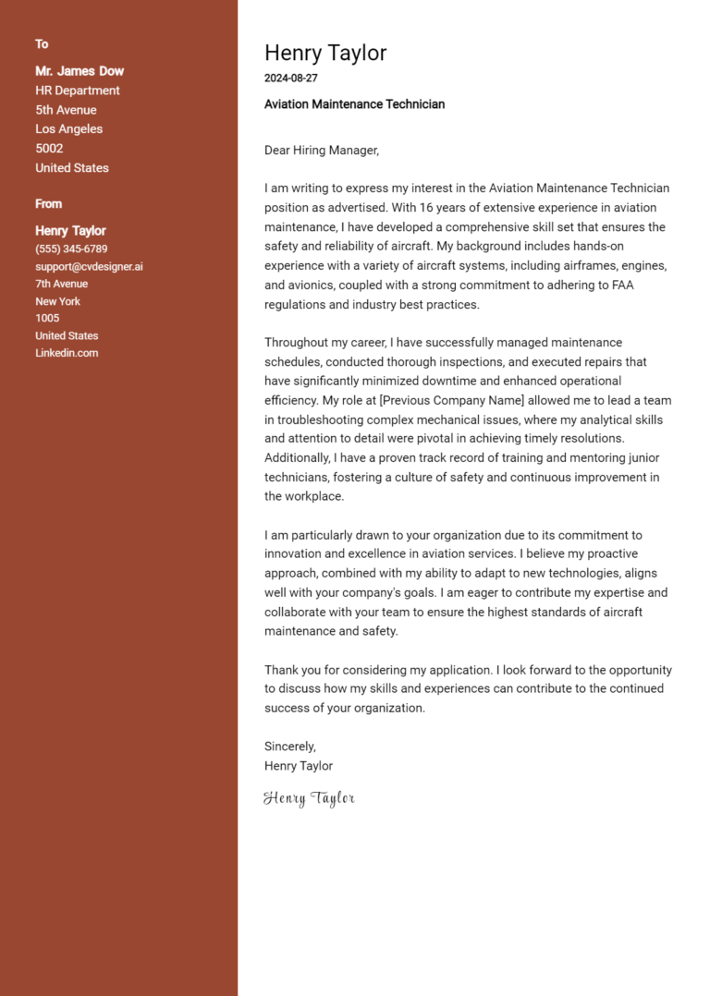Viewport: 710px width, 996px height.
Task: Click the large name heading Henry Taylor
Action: (x=325, y=53)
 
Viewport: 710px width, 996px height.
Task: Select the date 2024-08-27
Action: (x=290, y=79)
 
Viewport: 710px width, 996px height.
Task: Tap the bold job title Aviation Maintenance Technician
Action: (x=354, y=104)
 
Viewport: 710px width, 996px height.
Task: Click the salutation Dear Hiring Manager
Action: (x=322, y=150)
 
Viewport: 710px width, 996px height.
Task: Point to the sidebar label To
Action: (x=42, y=44)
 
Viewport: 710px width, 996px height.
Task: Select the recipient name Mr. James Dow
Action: (x=80, y=71)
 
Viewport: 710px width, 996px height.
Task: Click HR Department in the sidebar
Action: (x=78, y=91)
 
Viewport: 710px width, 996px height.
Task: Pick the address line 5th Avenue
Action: (x=66, y=110)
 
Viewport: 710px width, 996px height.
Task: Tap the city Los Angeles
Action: (x=68, y=129)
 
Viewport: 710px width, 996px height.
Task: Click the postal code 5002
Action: (x=49, y=149)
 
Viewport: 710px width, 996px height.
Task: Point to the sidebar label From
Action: (x=49, y=204)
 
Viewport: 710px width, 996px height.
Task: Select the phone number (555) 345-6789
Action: (x=71, y=249)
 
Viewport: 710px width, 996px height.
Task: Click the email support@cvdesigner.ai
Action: (x=89, y=267)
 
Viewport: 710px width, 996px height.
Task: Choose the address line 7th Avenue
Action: (x=61, y=284)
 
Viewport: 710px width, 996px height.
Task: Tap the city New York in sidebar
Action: (x=57, y=301)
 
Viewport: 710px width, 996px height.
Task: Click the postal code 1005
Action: (x=47, y=319)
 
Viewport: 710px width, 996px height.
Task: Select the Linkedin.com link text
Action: (x=67, y=353)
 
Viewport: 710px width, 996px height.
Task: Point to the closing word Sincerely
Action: (x=290, y=747)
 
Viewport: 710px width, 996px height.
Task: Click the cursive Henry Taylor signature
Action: (x=309, y=798)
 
